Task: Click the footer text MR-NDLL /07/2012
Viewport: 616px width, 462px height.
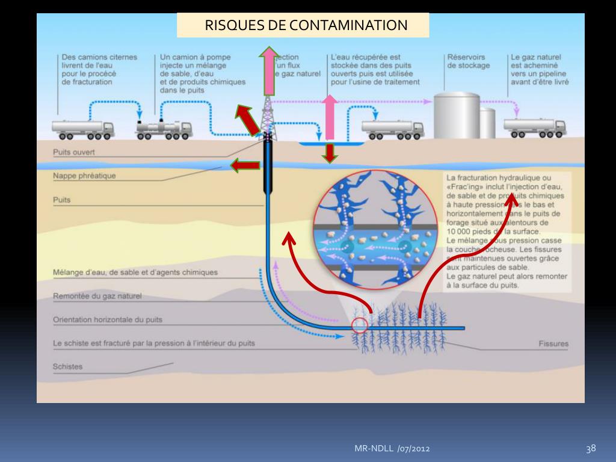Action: [391, 449]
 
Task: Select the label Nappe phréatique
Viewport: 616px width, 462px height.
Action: [84, 176]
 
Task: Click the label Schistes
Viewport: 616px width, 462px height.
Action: [68, 366]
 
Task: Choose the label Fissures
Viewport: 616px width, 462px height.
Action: [553, 344]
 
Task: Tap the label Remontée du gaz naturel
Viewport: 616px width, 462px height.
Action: [97, 296]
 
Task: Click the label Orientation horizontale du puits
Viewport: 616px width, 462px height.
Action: [108, 320]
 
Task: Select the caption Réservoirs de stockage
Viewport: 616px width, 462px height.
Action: [469, 61]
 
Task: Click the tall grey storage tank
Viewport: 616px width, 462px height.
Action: [457, 115]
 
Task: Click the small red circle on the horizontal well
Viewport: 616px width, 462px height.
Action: [360, 325]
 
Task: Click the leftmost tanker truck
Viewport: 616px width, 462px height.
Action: [83, 129]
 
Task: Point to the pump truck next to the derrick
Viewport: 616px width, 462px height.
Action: [164, 129]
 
